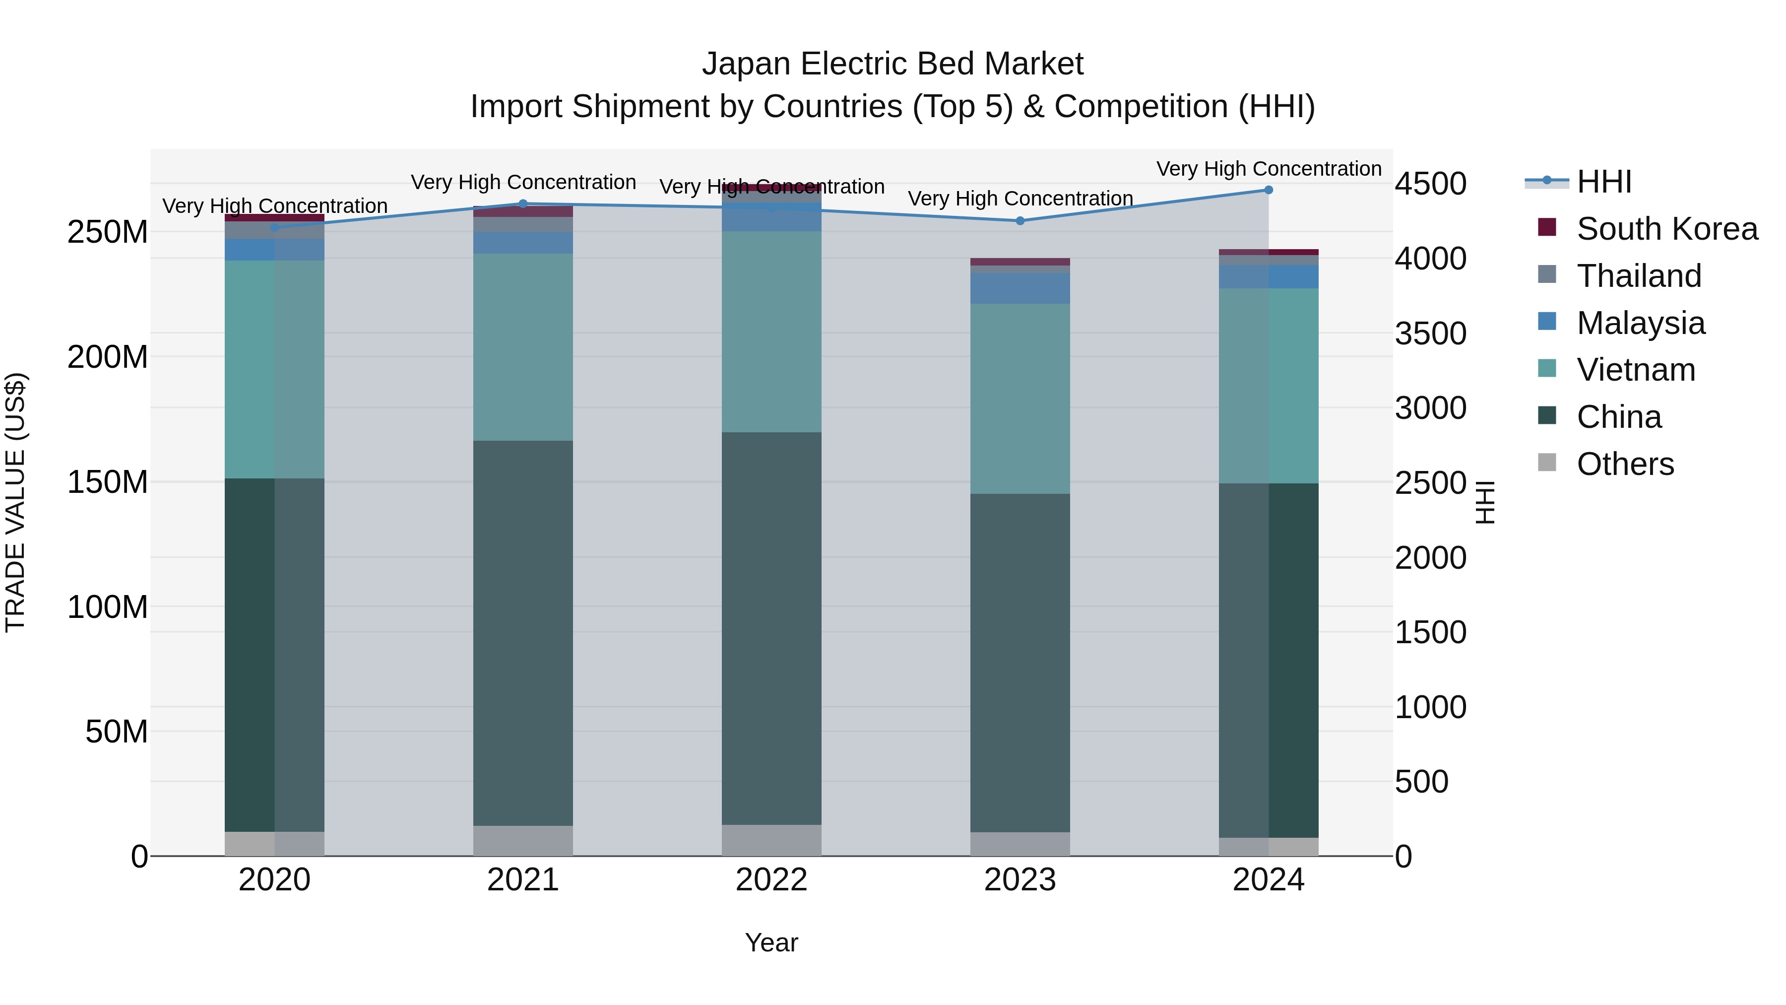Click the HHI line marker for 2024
(x=1268, y=190)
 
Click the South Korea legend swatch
(x=1547, y=227)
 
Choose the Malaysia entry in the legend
(x=1641, y=323)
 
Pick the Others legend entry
(x=1625, y=464)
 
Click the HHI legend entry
(x=1603, y=182)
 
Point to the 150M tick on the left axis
(x=108, y=482)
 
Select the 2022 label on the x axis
(x=771, y=880)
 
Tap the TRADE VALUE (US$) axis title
(x=15, y=502)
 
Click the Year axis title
(x=771, y=942)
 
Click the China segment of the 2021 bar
(x=523, y=633)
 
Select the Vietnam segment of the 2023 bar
(x=1020, y=399)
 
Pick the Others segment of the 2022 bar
(x=771, y=840)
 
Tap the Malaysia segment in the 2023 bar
(x=1020, y=288)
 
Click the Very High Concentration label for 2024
(x=1268, y=169)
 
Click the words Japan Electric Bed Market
(x=893, y=64)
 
